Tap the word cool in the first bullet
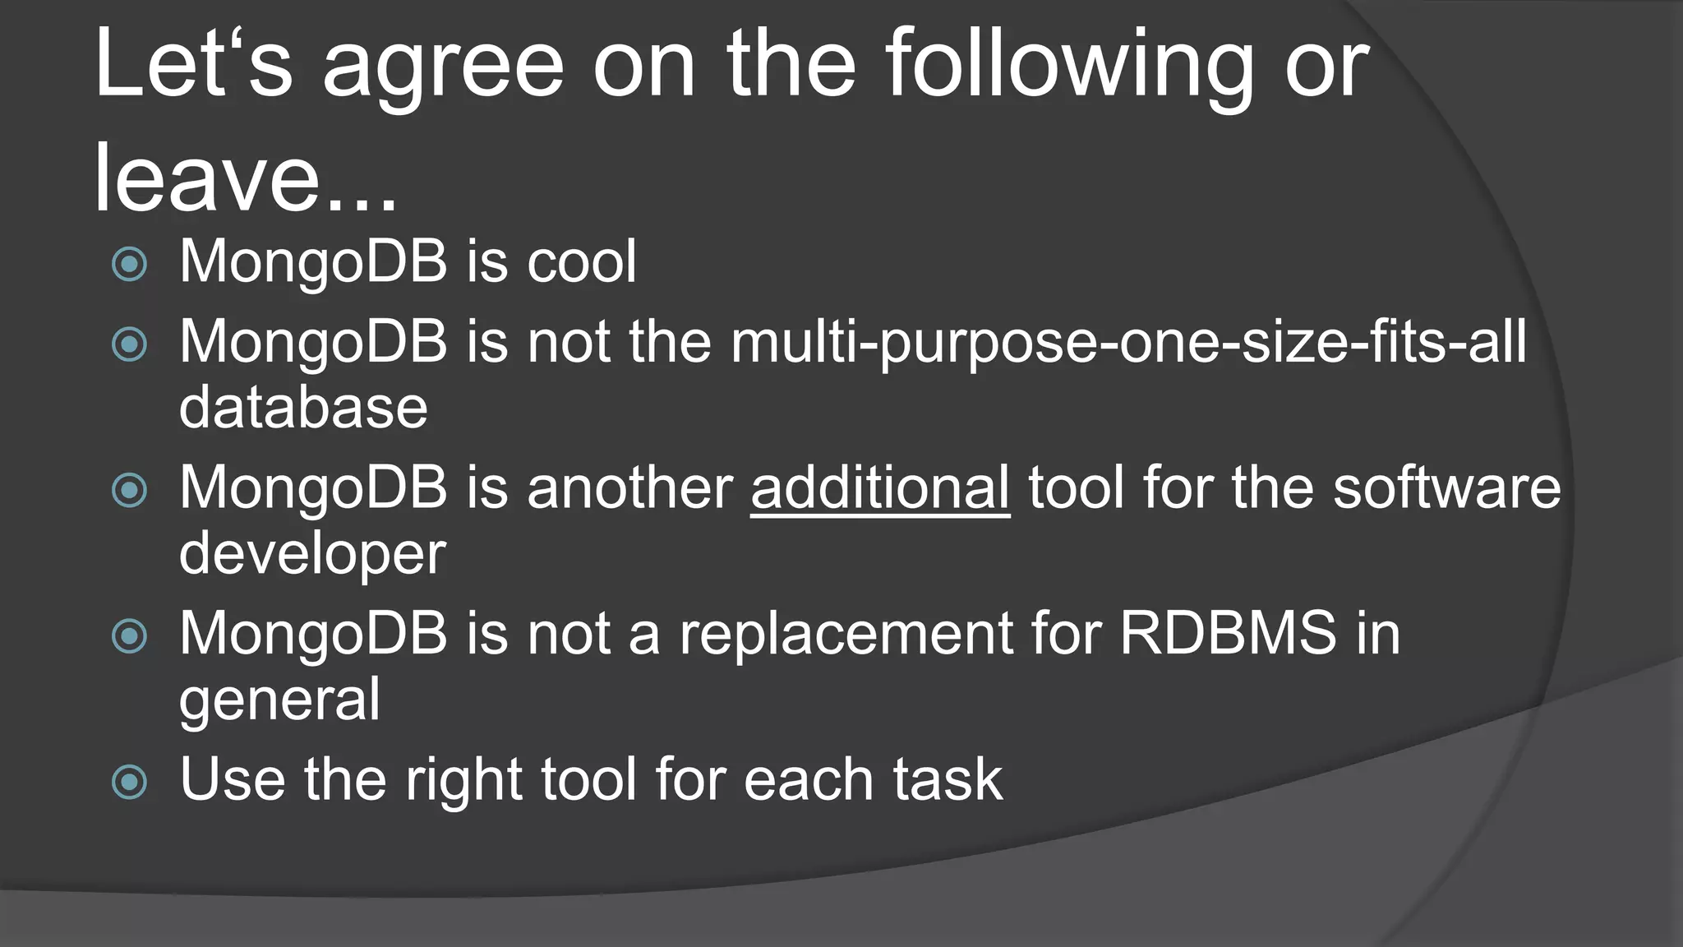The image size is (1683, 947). coord(581,261)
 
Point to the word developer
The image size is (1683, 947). coord(312,554)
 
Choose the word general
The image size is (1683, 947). coord(279,700)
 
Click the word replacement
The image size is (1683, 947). coord(845,635)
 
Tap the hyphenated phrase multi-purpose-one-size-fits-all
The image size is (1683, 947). coord(1127,342)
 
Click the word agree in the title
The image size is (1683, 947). coord(443,66)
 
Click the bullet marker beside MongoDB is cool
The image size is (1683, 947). coord(129,265)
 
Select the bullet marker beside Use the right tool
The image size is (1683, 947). coord(129,782)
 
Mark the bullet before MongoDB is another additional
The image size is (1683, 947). coord(129,491)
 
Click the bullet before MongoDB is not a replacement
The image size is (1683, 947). coord(129,635)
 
